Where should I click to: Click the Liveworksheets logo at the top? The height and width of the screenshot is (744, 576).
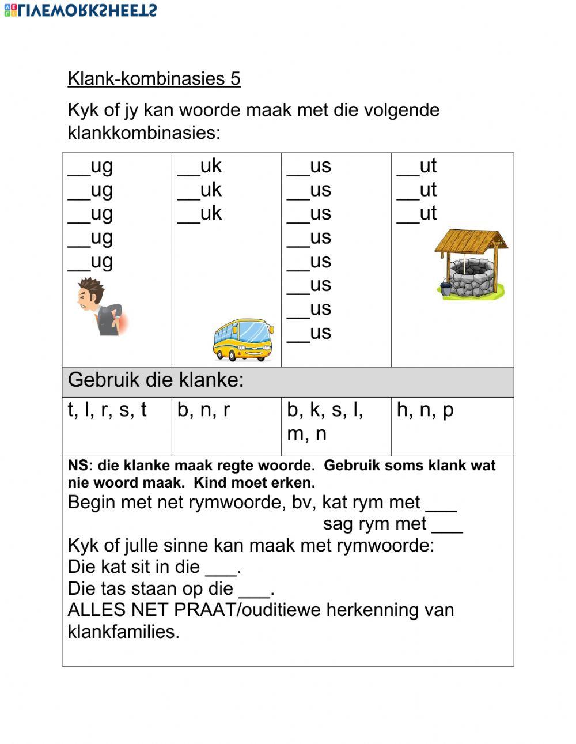click(x=80, y=10)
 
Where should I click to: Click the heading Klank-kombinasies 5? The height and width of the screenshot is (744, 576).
click(x=154, y=78)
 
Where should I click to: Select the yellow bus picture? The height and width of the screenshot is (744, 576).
click(x=242, y=340)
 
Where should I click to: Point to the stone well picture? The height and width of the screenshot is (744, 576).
click(x=471, y=265)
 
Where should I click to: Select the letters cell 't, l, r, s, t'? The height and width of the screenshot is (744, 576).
click(x=107, y=410)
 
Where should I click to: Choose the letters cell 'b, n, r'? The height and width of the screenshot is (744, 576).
click(x=203, y=410)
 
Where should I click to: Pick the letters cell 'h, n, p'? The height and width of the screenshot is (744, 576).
click(x=425, y=410)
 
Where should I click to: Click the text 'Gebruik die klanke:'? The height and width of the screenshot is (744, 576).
click(x=156, y=380)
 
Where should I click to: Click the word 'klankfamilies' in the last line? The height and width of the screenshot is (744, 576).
click(x=123, y=632)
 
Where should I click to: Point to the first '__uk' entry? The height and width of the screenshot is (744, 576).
click(x=199, y=166)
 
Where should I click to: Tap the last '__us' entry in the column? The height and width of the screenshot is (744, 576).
click(x=309, y=333)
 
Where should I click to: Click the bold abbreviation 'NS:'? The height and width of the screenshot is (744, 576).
click(x=80, y=466)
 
